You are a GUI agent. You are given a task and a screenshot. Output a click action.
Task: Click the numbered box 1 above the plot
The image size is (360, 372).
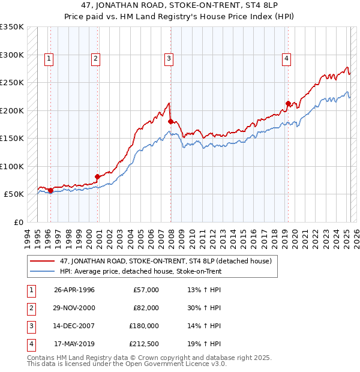[x=49, y=58]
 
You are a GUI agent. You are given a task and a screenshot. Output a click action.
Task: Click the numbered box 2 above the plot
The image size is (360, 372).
[x=95, y=58]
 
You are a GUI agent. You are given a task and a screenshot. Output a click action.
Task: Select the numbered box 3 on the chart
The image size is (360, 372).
[x=169, y=58]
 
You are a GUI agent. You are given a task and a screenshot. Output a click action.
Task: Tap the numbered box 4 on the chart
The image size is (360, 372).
[x=287, y=58]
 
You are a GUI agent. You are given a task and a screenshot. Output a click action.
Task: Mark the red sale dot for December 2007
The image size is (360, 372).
[x=170, y=121]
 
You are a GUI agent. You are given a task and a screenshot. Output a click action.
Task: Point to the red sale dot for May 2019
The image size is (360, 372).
[x=288, y=103]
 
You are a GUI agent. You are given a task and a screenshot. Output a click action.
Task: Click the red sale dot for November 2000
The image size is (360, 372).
[x=97, y=176]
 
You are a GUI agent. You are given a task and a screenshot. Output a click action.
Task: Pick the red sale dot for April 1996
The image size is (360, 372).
[x=50, y=190]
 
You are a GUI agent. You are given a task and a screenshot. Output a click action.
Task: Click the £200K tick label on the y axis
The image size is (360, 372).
[x=12, y=110]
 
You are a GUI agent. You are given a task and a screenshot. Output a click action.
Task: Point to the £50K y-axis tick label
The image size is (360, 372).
[x=14, y=194]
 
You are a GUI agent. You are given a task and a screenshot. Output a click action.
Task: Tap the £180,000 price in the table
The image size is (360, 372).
[x=144, y=326]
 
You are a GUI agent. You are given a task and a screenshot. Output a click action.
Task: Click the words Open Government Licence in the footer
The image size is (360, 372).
[x=177, y=364]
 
